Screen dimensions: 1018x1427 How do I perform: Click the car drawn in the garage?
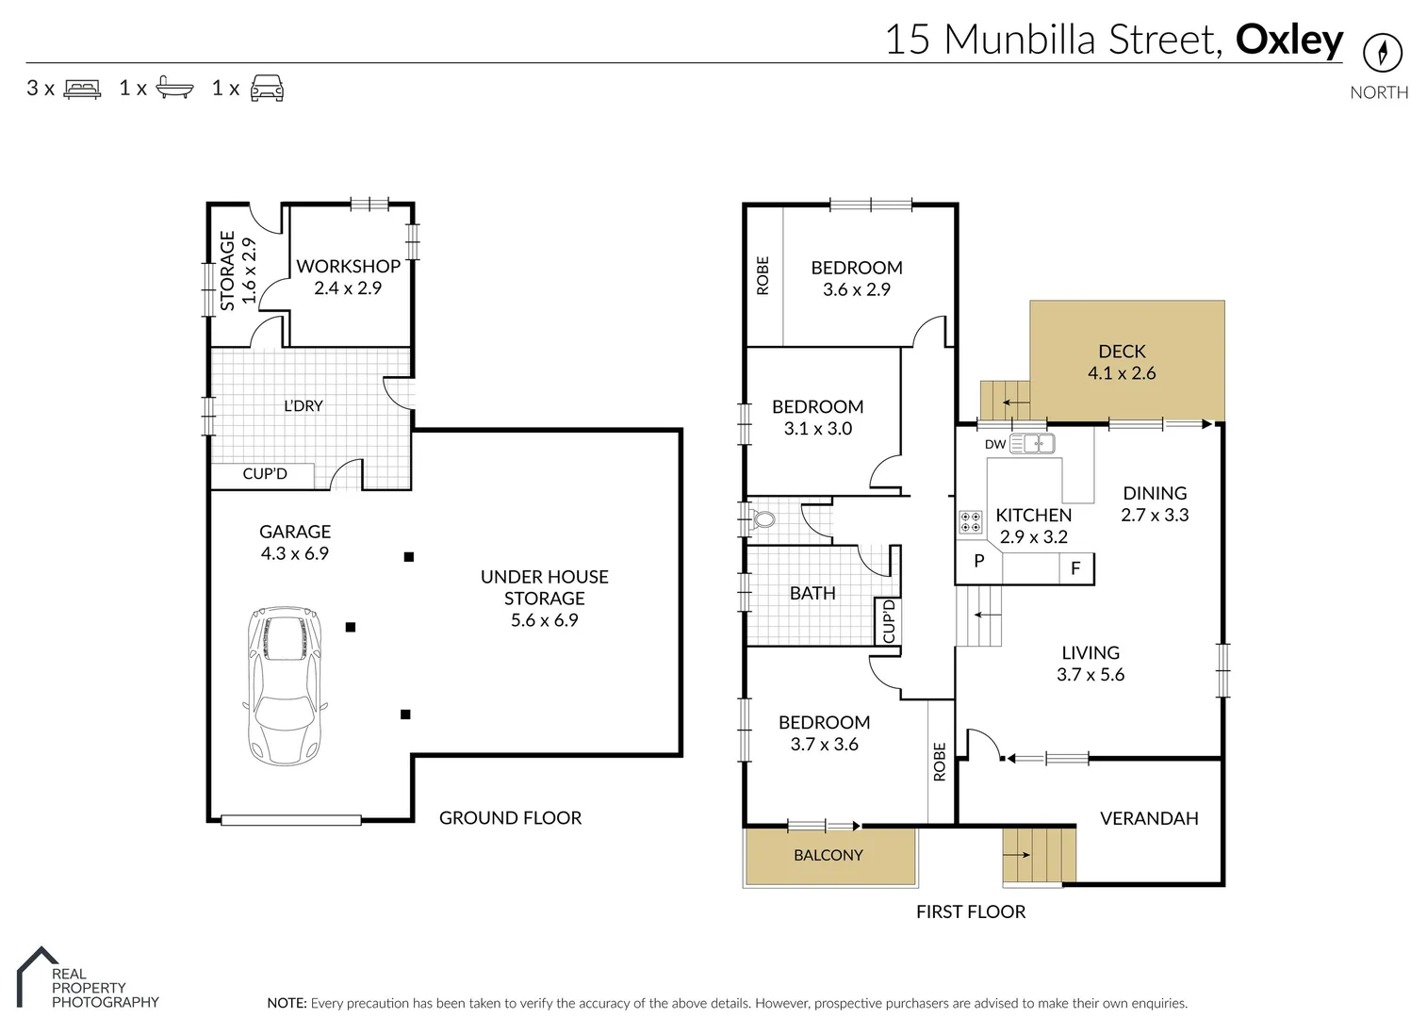(285, 685)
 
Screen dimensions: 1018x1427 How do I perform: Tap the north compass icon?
(1382, 52)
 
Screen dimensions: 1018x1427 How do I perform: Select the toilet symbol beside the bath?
(763, 518)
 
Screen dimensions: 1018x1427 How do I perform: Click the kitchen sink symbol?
(1031, 443)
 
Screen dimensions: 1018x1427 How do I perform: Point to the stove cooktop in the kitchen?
(970, 522)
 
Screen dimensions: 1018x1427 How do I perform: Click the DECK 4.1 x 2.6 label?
(1122, 362)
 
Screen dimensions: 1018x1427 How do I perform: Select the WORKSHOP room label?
(348, 267)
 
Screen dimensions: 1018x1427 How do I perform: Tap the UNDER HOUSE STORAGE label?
(544, 587)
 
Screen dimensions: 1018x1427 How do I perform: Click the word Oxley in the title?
(1288, 40)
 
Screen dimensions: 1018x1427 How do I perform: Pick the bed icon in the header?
(82, 89)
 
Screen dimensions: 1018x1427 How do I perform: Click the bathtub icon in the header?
(174, 89)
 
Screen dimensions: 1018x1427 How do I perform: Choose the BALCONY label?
(828, 855)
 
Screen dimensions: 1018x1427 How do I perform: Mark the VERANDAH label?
(1149, 818)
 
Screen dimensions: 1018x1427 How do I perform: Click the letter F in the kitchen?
(1074, 568)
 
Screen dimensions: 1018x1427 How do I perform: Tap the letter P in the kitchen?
(978, 561)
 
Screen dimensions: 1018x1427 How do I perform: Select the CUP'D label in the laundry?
(264, 474)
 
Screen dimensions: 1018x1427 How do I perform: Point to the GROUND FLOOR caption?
(510, 818)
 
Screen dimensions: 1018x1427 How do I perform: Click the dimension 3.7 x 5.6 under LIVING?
(1091, 675)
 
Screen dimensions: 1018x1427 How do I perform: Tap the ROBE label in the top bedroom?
(763, 275)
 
